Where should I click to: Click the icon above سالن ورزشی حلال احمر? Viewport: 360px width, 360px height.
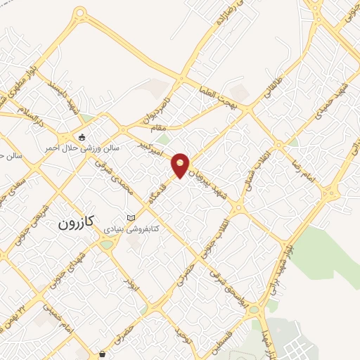(x=83, y=137)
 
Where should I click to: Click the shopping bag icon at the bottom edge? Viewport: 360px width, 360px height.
(x=103, y=354)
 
